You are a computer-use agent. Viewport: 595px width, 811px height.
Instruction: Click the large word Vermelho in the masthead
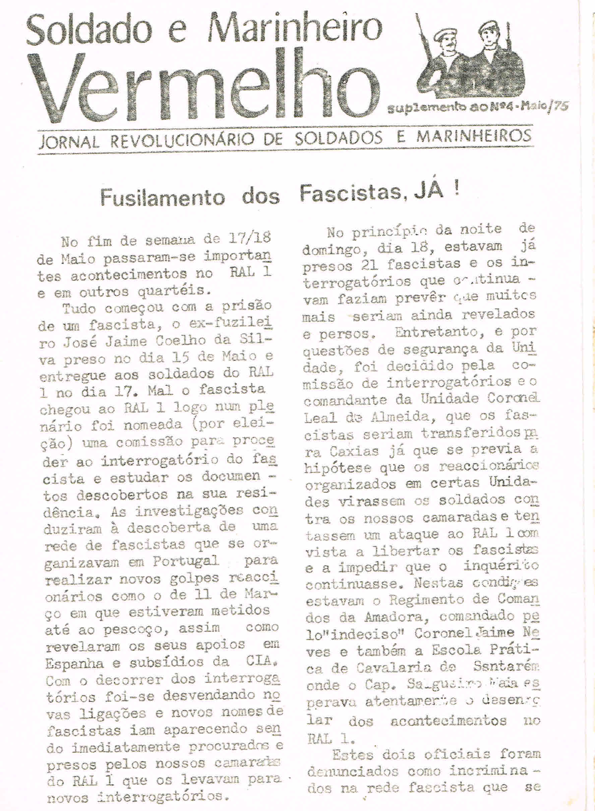(x=205, y=85)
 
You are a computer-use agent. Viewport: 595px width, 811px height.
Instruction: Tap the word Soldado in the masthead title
(x=88, y=30)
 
